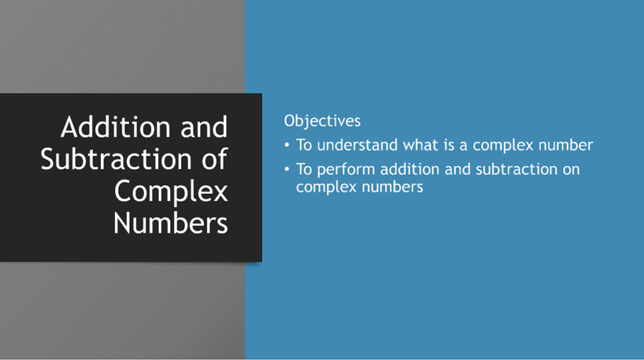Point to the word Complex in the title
171,191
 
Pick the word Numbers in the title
171,223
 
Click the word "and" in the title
204,127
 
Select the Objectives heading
322,120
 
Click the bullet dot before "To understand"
288,145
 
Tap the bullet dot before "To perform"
288,170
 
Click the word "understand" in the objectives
358,145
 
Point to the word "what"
420,145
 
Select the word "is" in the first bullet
449,145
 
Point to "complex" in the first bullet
498,146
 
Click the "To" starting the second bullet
304,170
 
